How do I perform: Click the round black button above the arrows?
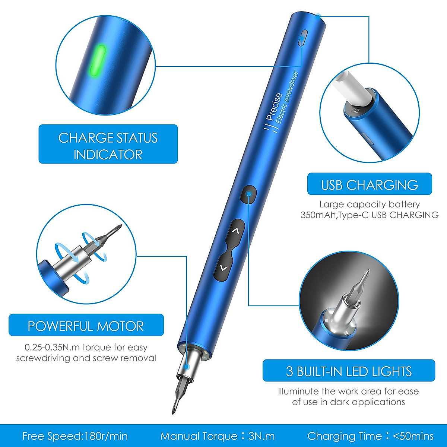coord(249,194)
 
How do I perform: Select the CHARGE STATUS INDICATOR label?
coord(108,144)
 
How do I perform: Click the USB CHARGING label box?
coord(369,184)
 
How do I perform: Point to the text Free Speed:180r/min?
coord(75,436)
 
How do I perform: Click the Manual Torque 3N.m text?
coord(218,436)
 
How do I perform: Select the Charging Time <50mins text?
coord(370,436)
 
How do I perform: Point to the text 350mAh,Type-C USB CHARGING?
coord(369,215)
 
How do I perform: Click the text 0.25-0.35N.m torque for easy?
coord(86,347)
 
